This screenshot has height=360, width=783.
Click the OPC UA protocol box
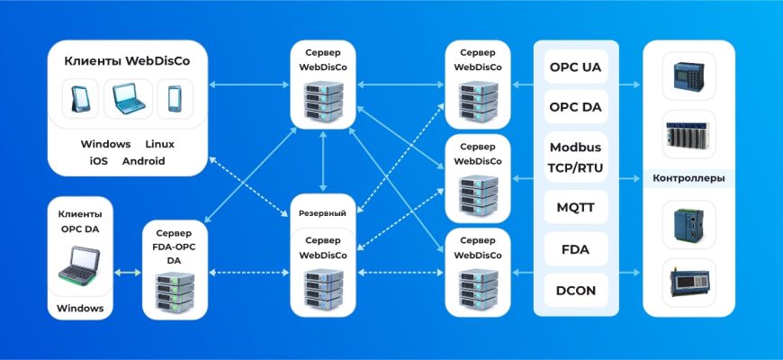tap(576, 67)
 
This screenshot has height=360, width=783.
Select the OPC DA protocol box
tap(576, 107)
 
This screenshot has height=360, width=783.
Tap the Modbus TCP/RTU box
tap(576, 157)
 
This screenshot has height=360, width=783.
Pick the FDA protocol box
tap(576, 249)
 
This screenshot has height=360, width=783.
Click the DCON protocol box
tap(576, 290)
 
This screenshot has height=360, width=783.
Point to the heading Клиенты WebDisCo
tap(125, 61)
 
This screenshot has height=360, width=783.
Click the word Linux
tap(160, 144)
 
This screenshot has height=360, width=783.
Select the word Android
tap(143, 161)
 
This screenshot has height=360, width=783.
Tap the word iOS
tap(98, 161)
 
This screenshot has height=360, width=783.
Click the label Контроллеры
tap(688, 178)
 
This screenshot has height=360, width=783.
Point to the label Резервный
tap(322, 212)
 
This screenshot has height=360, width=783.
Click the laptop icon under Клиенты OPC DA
tap(80, 266)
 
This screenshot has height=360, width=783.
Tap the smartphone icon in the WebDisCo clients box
tap(174, 99)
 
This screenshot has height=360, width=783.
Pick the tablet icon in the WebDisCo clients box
tap(81, 99)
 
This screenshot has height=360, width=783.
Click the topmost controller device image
tap(688, 76)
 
